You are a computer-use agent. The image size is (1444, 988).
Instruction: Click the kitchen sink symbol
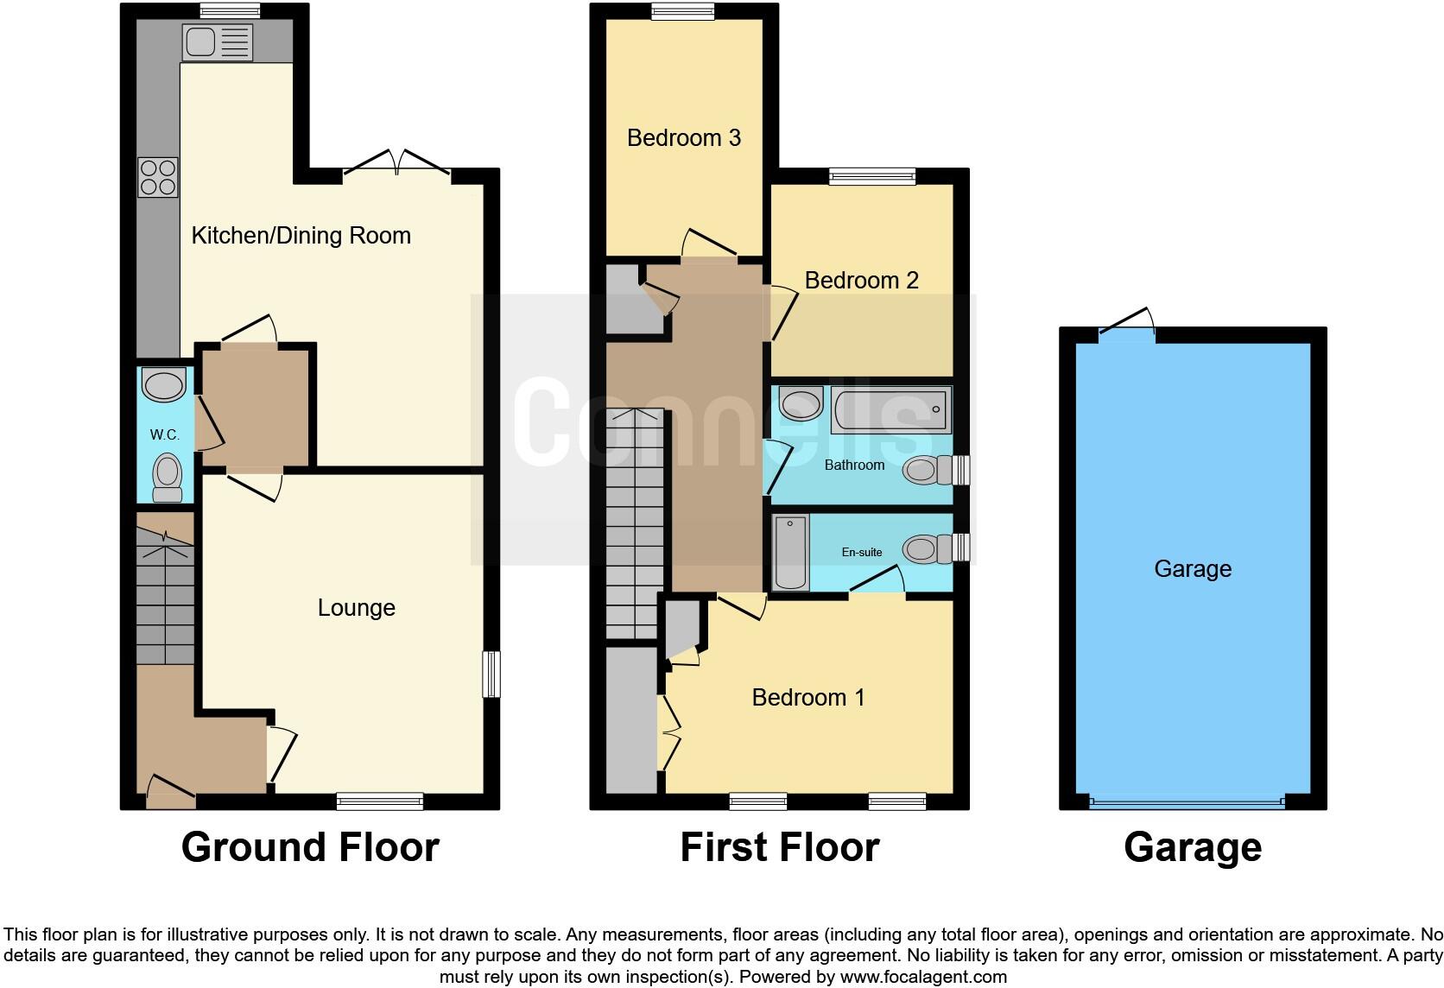(x=217, y=41)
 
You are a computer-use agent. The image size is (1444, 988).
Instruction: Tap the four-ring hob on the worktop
(x=157, y=177)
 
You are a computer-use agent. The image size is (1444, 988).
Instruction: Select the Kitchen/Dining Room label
(x=301, y=236)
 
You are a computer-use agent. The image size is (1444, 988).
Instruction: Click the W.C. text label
(x=164, y=434)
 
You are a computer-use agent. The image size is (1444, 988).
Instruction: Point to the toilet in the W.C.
(x=167, y=478)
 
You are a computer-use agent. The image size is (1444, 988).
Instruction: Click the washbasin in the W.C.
(x=163, y=384)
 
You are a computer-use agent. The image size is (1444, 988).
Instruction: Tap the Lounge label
(x=356, y=608)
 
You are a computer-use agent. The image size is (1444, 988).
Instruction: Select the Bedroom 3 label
(x=683, y=138)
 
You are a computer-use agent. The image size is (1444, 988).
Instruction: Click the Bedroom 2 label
(x=861, y=280)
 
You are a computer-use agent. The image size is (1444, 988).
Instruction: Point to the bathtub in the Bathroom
(x=890, y=410)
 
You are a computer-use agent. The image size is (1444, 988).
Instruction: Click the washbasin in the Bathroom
(x=801, y=402)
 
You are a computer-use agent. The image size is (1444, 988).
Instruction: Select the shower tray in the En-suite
(x=790, y=552)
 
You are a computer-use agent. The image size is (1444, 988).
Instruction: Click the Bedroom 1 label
(x=807, y=697)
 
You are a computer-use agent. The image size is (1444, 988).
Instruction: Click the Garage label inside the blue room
(x=1192, y=568)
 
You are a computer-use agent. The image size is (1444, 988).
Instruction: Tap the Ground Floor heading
(x=310, y=847)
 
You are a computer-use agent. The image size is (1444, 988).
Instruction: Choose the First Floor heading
(x=779, y=847)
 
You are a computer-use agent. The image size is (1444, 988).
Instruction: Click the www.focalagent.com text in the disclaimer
(x=923, y=977)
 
